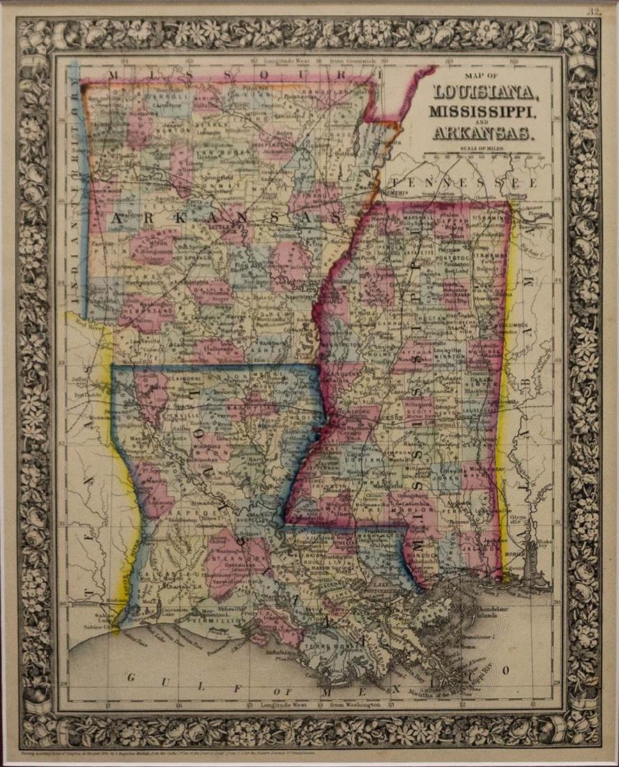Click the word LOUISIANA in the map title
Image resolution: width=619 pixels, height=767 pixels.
pos(484,92)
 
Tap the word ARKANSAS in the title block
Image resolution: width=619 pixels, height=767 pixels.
pos(483,132)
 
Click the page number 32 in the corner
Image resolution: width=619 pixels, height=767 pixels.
pos(593,11)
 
